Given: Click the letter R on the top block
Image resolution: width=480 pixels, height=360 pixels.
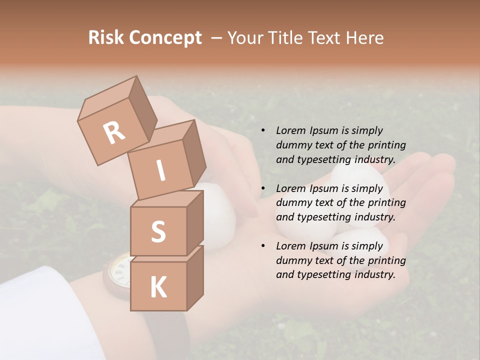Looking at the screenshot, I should coord(114,132).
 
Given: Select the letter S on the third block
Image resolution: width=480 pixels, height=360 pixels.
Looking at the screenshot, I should coord(158,231).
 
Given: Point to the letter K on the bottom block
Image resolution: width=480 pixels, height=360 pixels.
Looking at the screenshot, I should coord(158,287).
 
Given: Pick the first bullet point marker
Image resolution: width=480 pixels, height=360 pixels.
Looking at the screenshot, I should coord(263,131).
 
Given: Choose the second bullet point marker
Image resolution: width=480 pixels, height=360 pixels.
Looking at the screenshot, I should coord(263,189).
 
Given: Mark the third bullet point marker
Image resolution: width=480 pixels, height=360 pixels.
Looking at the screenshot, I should coord(263,246).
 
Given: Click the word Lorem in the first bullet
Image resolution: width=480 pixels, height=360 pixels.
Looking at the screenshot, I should coord(291,131).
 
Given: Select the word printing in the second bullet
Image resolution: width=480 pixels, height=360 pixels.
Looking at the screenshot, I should coord(387,203).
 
